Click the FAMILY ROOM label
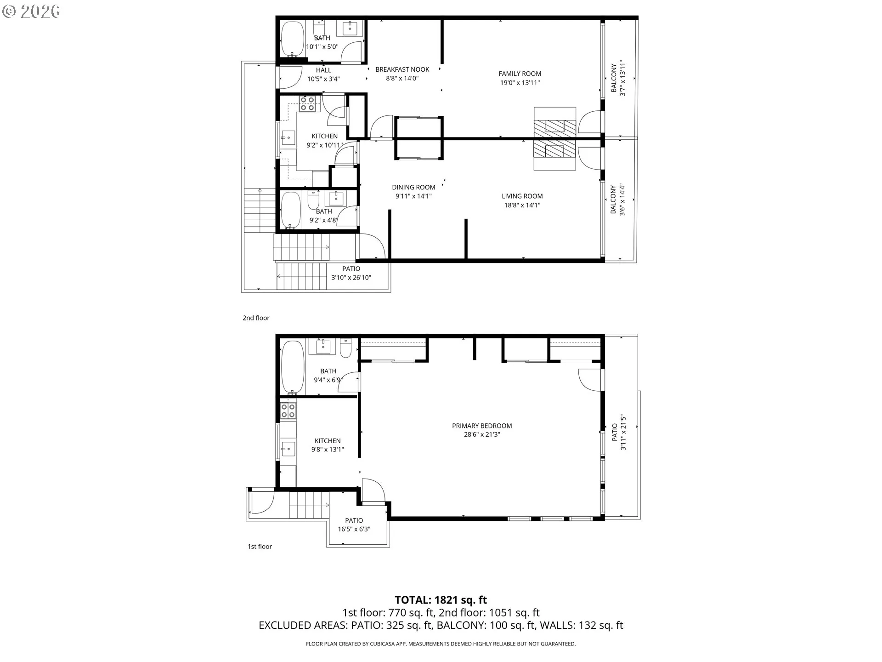[520, 74]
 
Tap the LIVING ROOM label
[522, 196]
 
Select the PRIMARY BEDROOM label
[482, 426]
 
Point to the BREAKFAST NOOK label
[402, 69]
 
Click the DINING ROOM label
[413, 187]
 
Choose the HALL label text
[323, 70]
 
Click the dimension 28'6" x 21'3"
[482, 434]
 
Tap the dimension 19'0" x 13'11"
[520, 83]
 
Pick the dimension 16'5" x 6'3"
[354, 529]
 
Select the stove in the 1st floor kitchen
[288, 411]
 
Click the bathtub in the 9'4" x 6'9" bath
[292, 367]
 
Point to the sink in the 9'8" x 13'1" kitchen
[288, 448]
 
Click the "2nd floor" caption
[256, 318]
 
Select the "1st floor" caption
[260, 547]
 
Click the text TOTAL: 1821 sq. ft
[441, 600]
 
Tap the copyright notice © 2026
[31, 11]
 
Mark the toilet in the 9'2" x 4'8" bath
[313, 200]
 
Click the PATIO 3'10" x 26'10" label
[351, 273]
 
